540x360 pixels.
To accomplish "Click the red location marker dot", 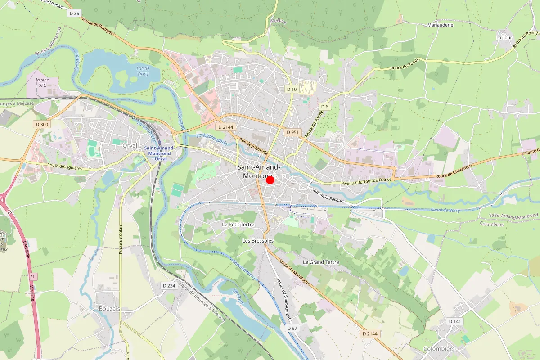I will tap(270, 180).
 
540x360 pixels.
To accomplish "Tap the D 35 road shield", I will tap(74, 13).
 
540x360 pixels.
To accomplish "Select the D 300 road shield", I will tap(41, 124).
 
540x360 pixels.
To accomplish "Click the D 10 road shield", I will tap(292, 89).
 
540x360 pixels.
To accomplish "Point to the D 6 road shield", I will tap(325, 106).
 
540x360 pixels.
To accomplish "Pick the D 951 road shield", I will tap(293, 132).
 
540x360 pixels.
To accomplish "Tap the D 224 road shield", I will tap(169, 286).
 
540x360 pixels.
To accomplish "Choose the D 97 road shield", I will tap(292, 328).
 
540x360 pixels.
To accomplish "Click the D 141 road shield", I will tap(455, 321).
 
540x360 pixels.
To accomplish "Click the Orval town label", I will tap(130, 145).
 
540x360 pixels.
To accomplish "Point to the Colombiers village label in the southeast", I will tap(439, 349).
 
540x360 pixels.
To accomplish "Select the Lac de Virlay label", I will tap(143, 71).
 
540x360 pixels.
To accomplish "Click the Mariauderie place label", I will tap(440, 25).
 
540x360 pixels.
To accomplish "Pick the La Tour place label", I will tap(504, 37).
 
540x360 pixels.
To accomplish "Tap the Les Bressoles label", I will tap(258, 241).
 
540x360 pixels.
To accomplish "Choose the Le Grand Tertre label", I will tap(321, 262).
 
